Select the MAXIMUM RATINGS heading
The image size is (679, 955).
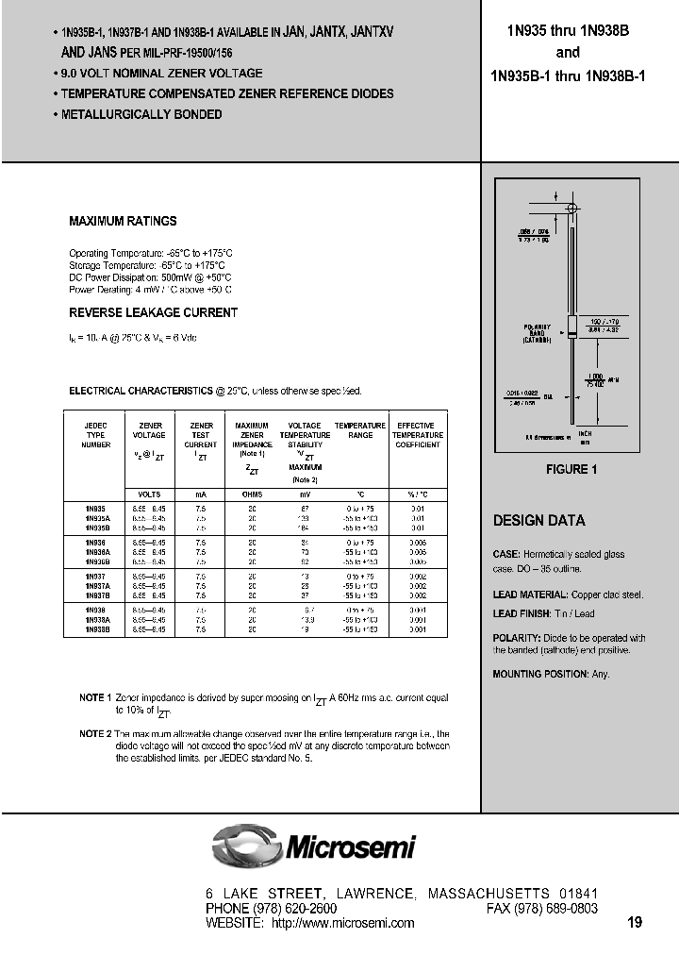[123, 221]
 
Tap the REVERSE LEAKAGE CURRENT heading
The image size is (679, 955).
[153, 312]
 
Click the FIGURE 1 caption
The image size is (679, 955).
[571, 469]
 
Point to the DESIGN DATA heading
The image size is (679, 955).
[538, 520]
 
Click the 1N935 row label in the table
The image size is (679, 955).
[96, 508]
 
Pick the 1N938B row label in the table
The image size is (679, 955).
[98, 628]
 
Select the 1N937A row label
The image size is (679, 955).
[98, 588]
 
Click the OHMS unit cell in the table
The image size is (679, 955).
[252, 494]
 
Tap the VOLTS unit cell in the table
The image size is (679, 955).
[149, 494]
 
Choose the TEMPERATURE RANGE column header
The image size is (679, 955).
[359, 430]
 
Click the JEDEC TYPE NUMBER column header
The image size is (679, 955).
[96, 435]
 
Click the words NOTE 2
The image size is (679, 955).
[95, 733]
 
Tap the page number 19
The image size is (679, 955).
[635, 922]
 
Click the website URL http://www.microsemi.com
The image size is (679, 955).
[342, 923]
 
